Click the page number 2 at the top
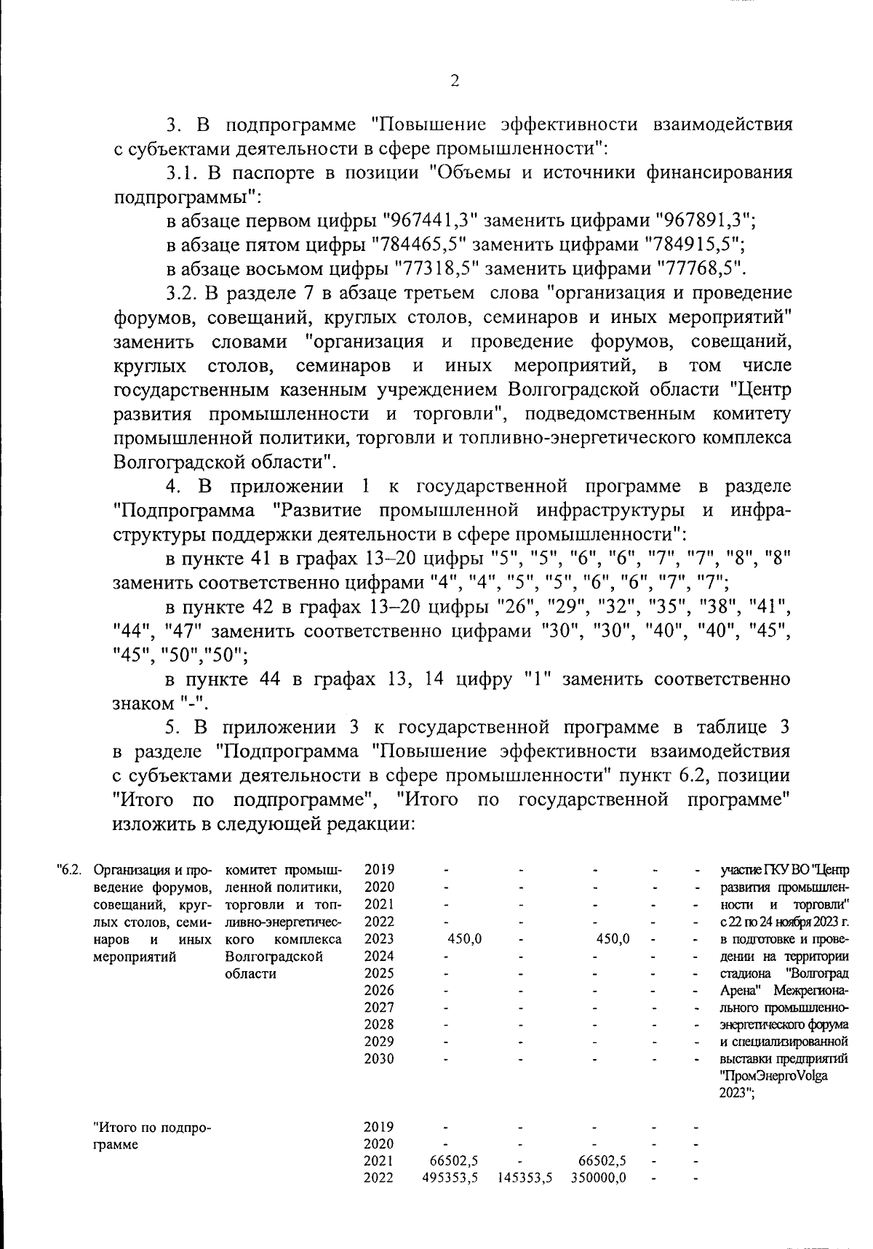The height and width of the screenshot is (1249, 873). click(x=454, y=81)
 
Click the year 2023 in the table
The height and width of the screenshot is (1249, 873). click(x=379, y=938)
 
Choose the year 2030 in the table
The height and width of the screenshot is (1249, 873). click(x=379, y=1058)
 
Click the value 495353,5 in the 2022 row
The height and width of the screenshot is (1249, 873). click(x=450, y=1178)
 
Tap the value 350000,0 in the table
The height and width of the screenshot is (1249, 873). click(x=599, y=1178)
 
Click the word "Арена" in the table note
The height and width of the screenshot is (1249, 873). click(x=740, y=990)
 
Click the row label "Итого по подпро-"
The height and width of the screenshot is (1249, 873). click(x=152, y=1128)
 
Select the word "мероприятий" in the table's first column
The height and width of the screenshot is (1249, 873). click(x=135, y=956)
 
